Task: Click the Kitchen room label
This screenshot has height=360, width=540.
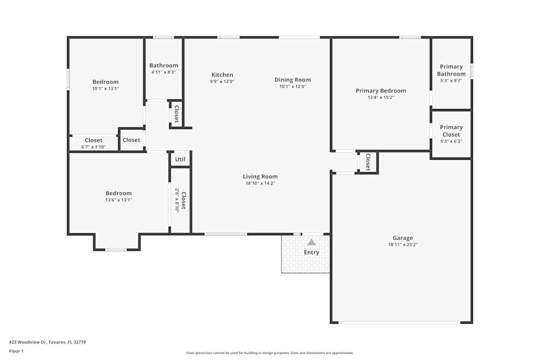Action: (222, 75)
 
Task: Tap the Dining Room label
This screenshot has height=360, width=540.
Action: (293, 80)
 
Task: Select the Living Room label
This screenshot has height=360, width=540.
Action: (260, 176)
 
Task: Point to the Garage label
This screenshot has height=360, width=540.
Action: (403, 238)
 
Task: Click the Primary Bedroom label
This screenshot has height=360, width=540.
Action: (381, 91)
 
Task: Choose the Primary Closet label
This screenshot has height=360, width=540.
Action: (451, 131)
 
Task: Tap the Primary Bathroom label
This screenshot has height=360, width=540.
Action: (451, 70)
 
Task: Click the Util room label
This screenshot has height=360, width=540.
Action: (180, 159)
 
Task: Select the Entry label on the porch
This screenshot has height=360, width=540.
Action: (312, 253)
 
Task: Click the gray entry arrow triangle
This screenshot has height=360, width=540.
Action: (312, 242)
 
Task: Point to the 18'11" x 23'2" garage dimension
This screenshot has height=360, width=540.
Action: (403, 244)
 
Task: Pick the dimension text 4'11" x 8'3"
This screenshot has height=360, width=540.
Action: (164, 72)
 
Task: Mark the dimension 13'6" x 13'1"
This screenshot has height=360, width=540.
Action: (119, 200)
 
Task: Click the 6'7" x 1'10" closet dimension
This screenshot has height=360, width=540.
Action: (93, 147)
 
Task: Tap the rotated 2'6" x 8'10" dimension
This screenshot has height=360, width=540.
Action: (177, 200)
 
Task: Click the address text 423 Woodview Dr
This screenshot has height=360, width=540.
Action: (48, 342)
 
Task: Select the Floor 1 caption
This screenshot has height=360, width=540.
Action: (16, 351)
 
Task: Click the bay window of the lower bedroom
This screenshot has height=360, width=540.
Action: (116, 249)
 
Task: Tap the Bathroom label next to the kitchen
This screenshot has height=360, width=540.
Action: (164, 65)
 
